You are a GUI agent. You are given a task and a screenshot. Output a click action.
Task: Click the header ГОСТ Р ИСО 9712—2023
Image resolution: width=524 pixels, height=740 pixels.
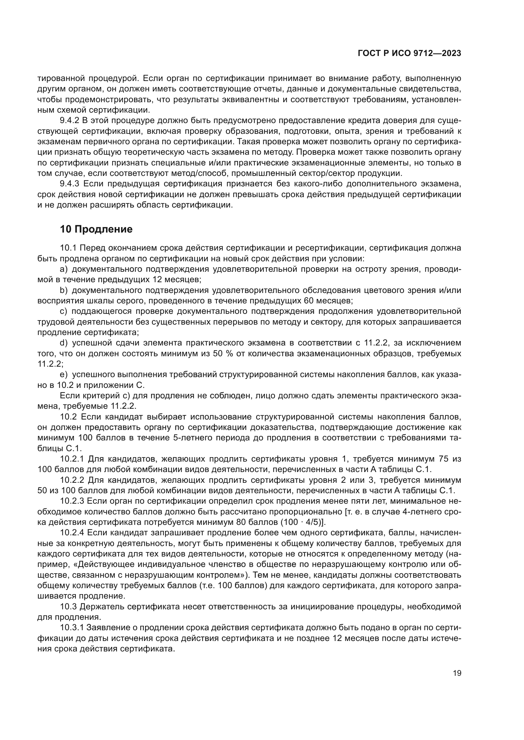(409, 53)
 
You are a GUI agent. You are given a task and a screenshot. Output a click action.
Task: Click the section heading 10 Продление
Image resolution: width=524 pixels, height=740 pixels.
(96, 229)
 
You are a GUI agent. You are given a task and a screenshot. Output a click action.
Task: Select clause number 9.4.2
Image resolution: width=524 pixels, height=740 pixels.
(69, 121)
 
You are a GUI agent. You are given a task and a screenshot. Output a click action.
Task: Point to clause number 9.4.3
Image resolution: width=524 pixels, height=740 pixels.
(69, 184)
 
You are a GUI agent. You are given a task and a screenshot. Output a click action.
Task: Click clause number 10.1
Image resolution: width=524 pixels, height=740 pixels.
(68, 248)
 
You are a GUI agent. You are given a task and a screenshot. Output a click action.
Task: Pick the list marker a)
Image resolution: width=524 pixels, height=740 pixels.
(64, 269)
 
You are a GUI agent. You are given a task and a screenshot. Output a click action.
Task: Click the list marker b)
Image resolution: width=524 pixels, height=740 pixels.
(64, 290)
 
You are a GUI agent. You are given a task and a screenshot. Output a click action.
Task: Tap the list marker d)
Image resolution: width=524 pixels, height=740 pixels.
(64, 343)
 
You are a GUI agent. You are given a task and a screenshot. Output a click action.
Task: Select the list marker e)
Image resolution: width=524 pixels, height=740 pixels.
(64, 375)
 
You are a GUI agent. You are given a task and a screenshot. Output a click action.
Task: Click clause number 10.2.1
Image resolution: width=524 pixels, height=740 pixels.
(72, 459)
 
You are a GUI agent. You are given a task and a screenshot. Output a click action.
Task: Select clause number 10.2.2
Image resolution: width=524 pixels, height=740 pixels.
(72, 480)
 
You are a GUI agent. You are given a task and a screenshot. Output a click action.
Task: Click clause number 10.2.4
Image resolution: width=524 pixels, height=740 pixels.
(72, 533)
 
